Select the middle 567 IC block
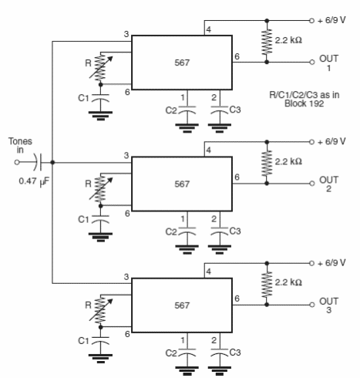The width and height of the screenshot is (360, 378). pyautogui.click(x=182, y=184)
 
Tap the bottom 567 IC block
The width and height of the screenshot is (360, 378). pyautogui.click(x=182, y=305)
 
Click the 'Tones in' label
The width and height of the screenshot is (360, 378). pyautogui.click(x=21, y=146)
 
